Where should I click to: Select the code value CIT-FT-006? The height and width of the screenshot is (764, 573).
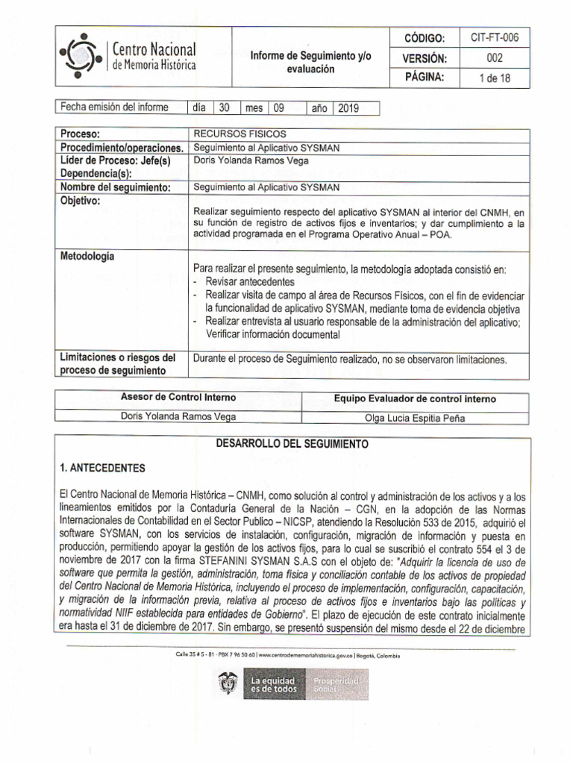tap(495, 37)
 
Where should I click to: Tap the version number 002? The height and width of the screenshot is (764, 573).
tap(495, 58)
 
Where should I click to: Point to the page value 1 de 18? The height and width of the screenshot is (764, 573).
tap(495, 78)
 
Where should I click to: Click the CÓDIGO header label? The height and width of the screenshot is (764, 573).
tap(424, 38)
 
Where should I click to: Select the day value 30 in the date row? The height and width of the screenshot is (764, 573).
tap(223, 108)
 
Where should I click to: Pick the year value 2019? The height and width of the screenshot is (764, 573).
tap(348, 108)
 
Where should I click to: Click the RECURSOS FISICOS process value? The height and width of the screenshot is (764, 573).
tap(229, 134)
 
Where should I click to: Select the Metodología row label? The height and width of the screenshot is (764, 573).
tap(87, 256)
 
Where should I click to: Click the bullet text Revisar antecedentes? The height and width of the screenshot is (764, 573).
tap(250, 282)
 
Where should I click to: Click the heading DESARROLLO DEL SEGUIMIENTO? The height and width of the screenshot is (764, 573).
tap(292, 443)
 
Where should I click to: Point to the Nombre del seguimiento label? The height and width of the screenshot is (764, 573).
tap(116, 187)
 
